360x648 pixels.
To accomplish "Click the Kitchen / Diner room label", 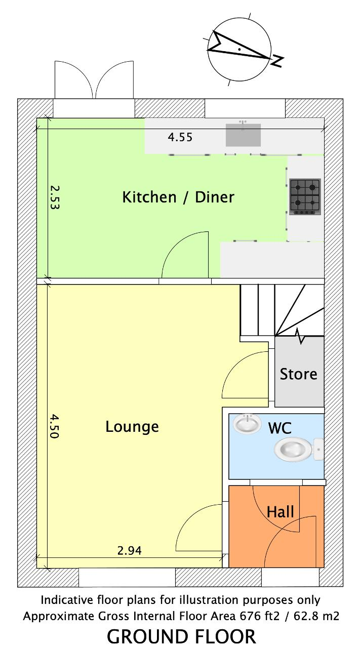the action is point(178,197).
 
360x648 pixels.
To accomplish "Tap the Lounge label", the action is point(132,427).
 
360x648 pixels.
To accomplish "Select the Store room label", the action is point(298,374).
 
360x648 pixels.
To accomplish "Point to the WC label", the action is point(279,428).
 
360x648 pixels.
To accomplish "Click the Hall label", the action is point(280,512).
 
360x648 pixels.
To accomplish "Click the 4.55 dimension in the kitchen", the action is point(180,137).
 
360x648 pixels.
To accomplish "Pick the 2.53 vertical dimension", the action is point(54,197).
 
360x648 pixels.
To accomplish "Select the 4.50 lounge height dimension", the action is point(54,426).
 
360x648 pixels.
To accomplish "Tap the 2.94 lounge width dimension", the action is point(129,550).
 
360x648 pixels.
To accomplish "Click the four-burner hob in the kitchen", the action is point(305,197).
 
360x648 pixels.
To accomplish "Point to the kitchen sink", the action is point(243,135).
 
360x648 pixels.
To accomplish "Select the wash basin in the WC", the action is point(247,424).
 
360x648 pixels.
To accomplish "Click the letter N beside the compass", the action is point(277,61).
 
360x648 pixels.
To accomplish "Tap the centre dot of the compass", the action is point(239,49).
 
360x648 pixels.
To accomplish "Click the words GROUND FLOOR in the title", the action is point(181,636).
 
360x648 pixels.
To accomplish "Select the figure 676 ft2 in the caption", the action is point(260,616).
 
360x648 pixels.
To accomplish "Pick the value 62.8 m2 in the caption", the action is point(316,616).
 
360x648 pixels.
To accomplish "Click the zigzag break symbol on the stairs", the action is point(300,336).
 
